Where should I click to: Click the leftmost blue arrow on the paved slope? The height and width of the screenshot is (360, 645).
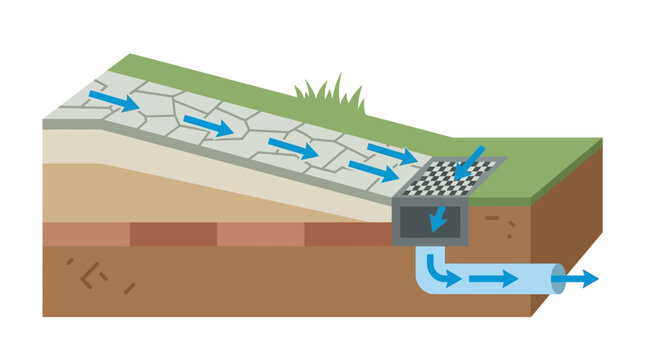(112, 100)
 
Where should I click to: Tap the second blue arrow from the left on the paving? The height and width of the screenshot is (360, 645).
(208, 126)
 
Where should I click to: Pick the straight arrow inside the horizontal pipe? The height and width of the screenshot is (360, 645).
(496, 279)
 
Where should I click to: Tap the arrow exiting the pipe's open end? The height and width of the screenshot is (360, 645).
(584, 278)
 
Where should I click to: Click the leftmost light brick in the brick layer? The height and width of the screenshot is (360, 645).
(85, 234)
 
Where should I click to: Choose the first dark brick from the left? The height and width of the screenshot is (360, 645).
(172, 234)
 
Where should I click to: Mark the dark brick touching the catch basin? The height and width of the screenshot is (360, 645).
(346, 234)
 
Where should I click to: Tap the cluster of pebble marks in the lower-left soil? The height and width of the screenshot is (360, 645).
(95, 274)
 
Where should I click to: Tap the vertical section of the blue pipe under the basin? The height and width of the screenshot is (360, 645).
(424, 262)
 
